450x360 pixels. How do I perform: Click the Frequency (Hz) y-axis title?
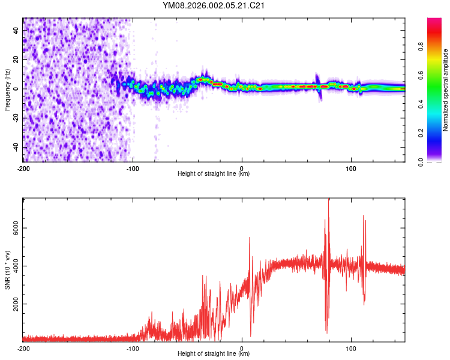tap(7, 89)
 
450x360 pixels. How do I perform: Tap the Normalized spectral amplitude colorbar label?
tap(446, 90)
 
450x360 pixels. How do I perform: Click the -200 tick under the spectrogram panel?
tap(23, 168)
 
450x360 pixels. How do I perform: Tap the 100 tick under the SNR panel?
tap(350, 348)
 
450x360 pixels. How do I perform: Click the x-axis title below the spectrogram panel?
tap(214, 174)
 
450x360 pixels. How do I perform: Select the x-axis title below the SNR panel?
tap(214, 354)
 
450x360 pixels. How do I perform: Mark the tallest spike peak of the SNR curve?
tap(328, 201)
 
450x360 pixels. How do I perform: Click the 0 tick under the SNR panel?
tap(242, 348)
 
